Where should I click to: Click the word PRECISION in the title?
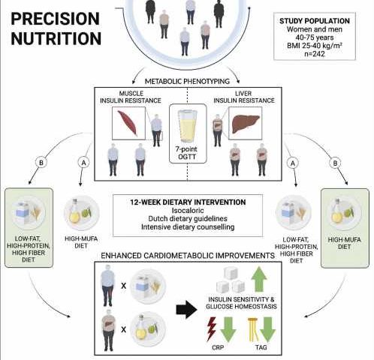(x=56, y=19)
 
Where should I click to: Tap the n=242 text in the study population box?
(x=315, y=54)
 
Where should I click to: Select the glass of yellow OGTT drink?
(x=188, y=127)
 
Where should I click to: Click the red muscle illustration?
(x=128, y=123)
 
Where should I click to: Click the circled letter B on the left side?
(x=41, y=163)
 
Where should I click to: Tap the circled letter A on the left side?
(x=83, y=163)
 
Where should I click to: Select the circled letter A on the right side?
(x=293, y=163)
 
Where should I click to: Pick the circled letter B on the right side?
(x=335, y=163)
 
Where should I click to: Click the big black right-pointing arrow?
(x=186, y=310)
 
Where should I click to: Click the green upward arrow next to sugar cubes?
(x=259, y=279)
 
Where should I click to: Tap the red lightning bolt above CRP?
(x=212, y=329)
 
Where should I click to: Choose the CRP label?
(x=218, y=347)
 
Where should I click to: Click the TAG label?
(x=261, y=347)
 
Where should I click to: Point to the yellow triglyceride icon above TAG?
(x=253, y=329)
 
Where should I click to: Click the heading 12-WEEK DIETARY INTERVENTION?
(x=188, y=202)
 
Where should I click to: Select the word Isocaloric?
(x=188, y=210)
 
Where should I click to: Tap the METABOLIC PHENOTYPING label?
(x=187, y=81)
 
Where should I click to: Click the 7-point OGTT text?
(x=187, y=153)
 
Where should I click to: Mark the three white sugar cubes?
(x=231, y=280)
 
